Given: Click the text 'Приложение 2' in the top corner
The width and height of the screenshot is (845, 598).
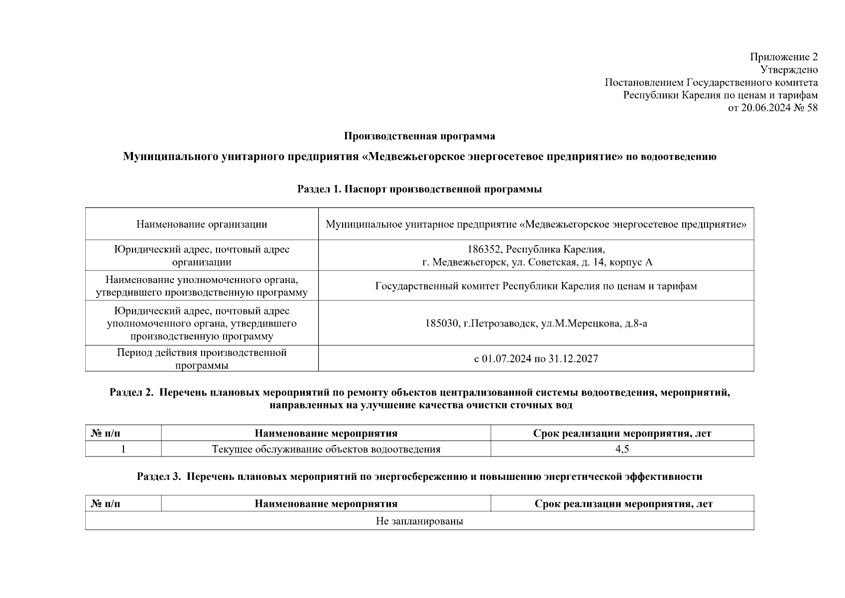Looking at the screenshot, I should point(784,57).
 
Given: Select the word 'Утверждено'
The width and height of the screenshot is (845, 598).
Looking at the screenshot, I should point(789,70).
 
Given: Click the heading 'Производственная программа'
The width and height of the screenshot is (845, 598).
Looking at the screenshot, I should point(419,136).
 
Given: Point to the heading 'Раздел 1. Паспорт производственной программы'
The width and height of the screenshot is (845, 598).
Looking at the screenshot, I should point(419,189).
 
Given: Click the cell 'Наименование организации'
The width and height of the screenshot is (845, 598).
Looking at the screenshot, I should point(202,224).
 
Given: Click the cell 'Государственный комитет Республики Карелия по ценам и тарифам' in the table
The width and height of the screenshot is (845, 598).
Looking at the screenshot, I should point(536,286).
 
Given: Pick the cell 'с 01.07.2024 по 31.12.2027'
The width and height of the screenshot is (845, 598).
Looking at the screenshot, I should point(536,359).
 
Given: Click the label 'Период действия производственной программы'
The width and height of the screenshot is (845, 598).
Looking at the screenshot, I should point(202,359).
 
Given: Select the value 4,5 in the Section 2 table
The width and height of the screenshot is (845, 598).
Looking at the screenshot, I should point(622,449).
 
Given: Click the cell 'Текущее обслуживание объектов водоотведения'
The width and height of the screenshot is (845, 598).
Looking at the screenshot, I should point(326,449).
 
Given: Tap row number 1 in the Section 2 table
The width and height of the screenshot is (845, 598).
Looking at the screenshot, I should point(123,449).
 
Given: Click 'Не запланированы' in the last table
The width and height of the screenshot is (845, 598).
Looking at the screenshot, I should point(419,521).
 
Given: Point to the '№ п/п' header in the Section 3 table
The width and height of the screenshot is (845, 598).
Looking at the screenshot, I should point(106,504).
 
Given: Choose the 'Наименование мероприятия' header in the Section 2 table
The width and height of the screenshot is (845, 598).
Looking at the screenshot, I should point(326,434).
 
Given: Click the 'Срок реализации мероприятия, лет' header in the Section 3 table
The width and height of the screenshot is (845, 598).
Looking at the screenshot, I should point(623,504).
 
